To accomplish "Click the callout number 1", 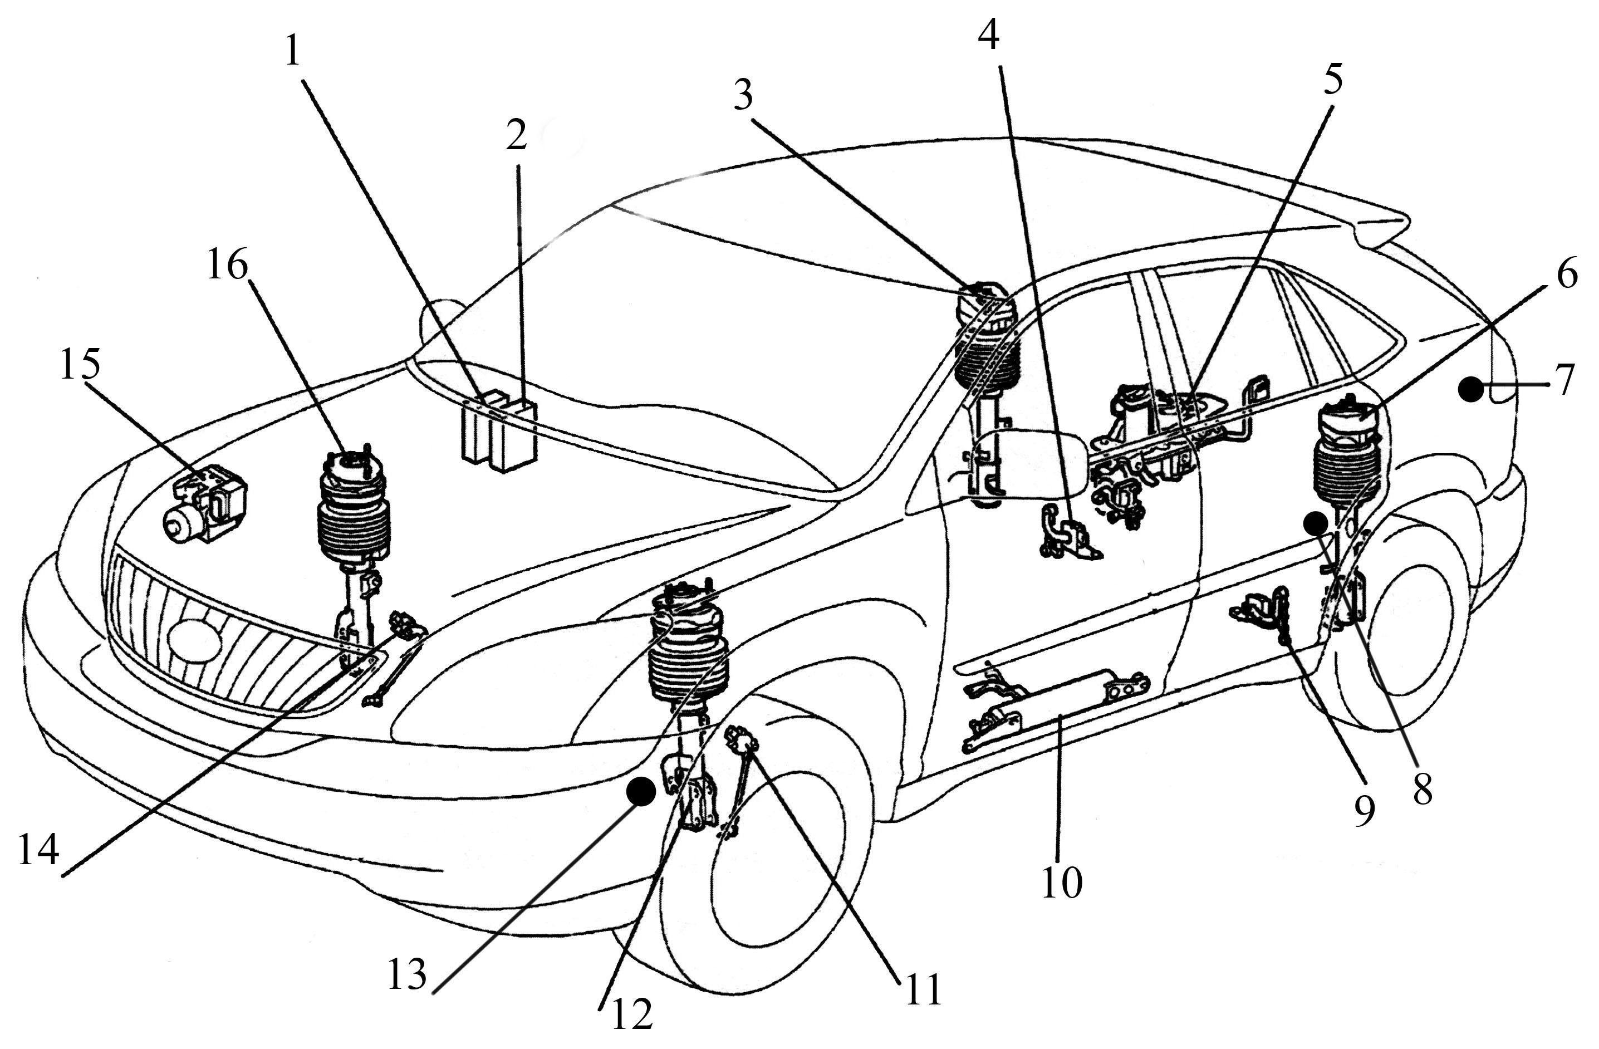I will point(292,51).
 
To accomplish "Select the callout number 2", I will point(516,136).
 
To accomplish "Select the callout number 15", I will point(80,364).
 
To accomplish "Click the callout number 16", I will point(227,266).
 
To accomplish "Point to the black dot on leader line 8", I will point(1315,522).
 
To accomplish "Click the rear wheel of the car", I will point(1404,632).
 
